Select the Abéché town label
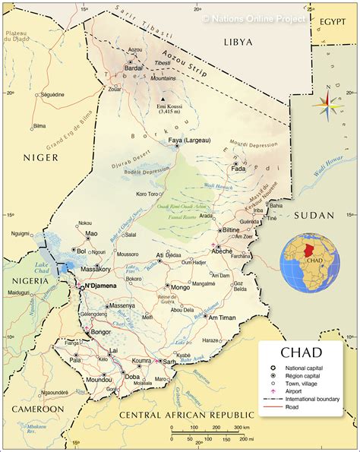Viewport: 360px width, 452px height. tap(224, 249)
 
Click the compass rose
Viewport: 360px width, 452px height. tap(327, 107)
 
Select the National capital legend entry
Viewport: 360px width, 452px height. tap(308, 367)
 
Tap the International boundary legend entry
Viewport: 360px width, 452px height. tap(317, 399)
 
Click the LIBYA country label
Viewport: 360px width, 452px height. tap(237, 43)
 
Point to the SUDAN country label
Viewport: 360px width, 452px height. tap(314, 215)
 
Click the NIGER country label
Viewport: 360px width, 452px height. tap(41, 157)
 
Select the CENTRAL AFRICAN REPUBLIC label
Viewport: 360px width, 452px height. tap(185, 416)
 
